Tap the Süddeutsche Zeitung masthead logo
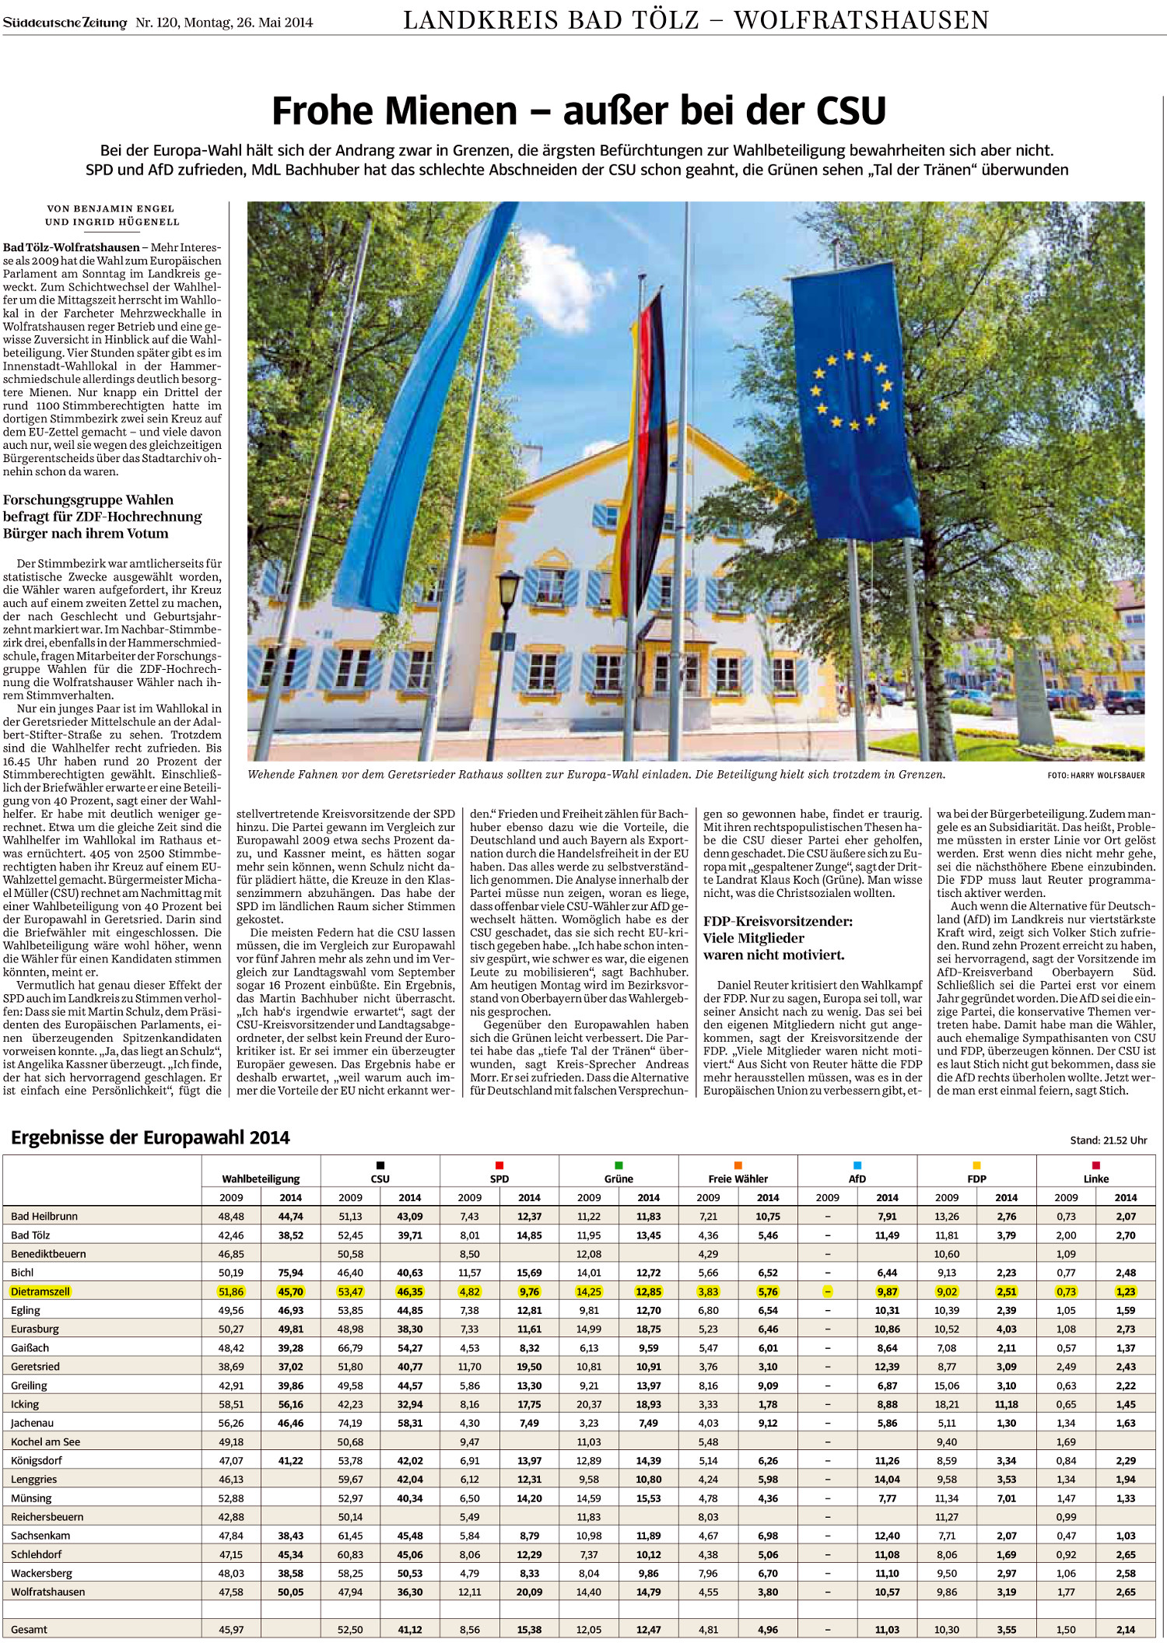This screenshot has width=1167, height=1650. click(x=65, y=23)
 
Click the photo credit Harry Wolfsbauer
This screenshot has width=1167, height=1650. click(x=1095, y=776)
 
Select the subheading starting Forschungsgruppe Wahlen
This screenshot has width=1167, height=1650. click(x=102, y=517)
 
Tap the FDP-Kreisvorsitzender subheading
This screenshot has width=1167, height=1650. click(x=778, y=937)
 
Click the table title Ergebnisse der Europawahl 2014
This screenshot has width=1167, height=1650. click(x=150, y=1137)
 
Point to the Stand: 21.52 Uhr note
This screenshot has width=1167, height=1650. click(x=1109, y=1140)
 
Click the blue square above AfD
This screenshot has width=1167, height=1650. click(x=857, y=1165)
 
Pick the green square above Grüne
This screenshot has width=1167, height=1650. click(x=619, y=1165)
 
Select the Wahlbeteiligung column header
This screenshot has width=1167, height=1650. click(x=261, y=1179)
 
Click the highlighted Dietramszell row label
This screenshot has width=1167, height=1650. click(x=40, y=1291)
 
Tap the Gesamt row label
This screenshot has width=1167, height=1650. click(x=30, y=1629)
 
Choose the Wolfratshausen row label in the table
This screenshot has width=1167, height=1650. click(x=48, y=1592)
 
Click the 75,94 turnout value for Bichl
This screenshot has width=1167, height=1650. click(x=291, y=1273)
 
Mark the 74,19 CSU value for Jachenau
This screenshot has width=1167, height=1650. click(x=350, y=1423)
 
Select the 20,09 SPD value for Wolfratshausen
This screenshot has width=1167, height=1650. click(x=529, y=1592)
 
